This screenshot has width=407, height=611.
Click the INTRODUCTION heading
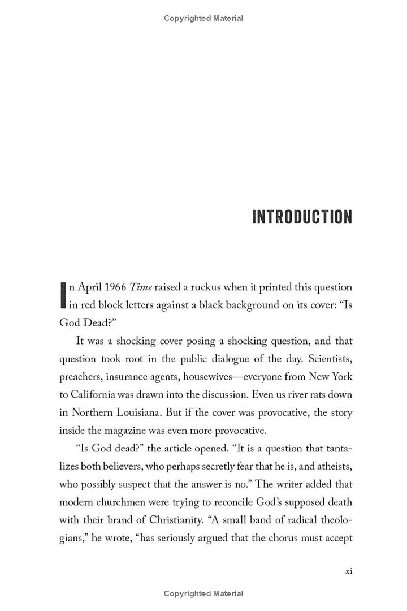(x=302, y=217)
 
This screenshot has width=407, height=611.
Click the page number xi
(x=348, y=571)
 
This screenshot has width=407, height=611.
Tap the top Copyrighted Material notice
(x=203, y=19)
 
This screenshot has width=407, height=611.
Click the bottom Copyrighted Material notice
(x=203, y=593)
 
